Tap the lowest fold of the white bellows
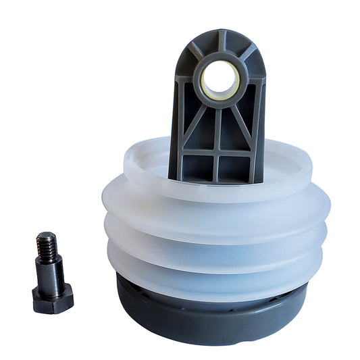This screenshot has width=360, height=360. [x=216, y=267]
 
